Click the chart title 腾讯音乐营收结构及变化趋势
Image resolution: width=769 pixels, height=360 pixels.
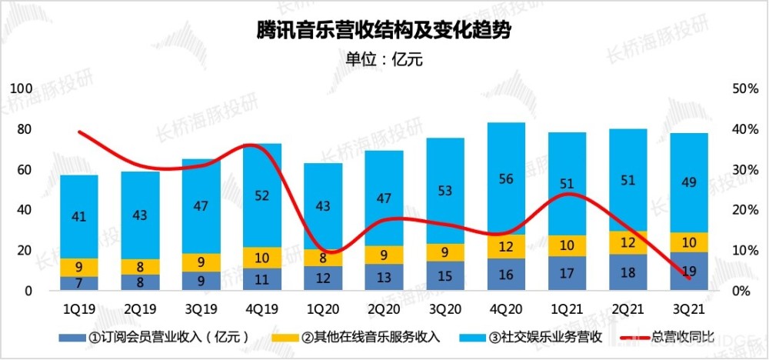384,32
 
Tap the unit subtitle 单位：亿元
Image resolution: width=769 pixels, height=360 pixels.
384,59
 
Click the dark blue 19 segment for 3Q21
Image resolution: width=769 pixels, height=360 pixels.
688,271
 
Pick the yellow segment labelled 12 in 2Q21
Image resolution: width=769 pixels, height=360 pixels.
628,243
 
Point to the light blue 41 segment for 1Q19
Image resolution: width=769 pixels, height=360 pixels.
79,217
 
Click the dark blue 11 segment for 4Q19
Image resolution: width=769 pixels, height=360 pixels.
262,279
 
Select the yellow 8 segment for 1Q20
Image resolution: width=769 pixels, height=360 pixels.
323,258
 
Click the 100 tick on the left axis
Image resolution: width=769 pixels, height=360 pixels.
25,88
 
